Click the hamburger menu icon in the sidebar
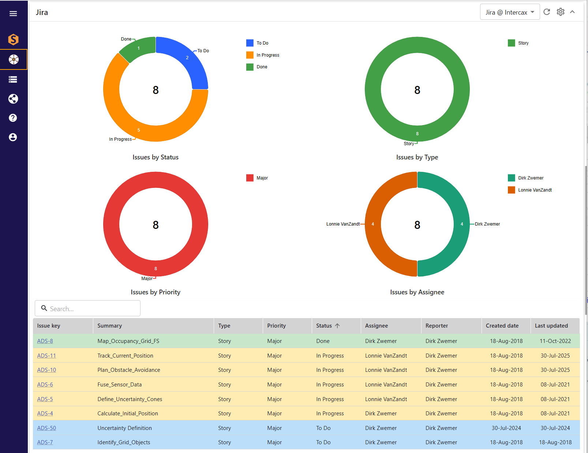coord(13,14)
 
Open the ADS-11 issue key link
coord(46,355)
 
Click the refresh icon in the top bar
coord(547,12)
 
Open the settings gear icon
coord(561,12)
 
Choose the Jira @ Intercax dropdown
coord(510,12)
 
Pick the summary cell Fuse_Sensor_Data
coord(119,384)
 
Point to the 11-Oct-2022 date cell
coord(555,341)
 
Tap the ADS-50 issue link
coord(46,428)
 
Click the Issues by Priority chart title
coord(155,292)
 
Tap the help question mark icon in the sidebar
coord(13,118)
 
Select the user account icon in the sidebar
coord(13,137)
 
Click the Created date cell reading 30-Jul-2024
coord(506,428)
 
